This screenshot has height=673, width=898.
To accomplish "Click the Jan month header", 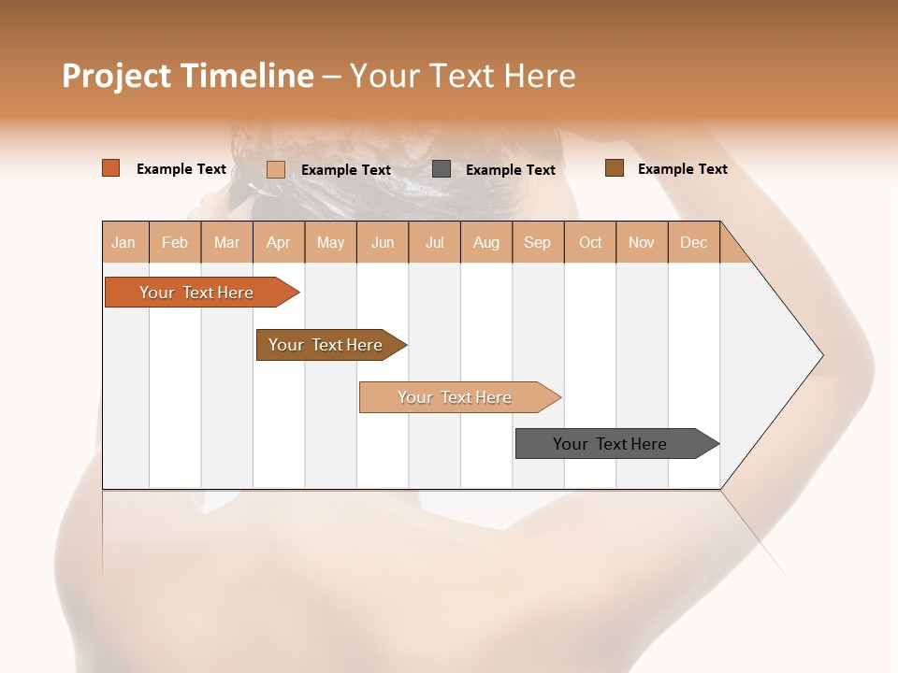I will (124, 242).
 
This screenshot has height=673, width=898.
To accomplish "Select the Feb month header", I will (175, 242).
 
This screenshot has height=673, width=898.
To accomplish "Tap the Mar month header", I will (226, 242).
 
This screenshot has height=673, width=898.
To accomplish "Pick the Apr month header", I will (279, 242).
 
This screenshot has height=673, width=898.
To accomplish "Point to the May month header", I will (330, 242).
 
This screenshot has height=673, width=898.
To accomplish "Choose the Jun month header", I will (383, 242).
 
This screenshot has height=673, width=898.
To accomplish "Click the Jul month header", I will (434, 242).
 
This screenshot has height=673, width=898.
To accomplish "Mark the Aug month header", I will (486, 242).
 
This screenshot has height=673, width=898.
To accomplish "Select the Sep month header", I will (538, 242).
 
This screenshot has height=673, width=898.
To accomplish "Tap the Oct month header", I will (590, 242).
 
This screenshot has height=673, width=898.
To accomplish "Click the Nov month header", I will (642, 242).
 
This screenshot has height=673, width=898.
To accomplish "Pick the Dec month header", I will (694, 242).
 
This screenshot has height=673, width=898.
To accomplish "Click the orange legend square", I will (111, 168).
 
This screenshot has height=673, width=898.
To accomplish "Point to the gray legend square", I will (442, 169).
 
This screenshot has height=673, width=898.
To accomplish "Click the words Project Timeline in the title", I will (188, 76).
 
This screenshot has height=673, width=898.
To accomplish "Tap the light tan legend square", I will (276, 169).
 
